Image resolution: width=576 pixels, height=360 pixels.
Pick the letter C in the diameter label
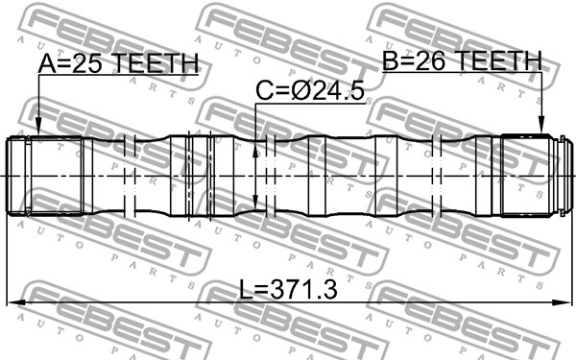coord(264,92)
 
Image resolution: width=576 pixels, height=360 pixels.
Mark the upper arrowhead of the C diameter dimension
coord(255,149)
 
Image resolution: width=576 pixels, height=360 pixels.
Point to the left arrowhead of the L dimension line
coord(13,304)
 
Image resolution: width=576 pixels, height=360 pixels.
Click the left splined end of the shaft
coord(29,175)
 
